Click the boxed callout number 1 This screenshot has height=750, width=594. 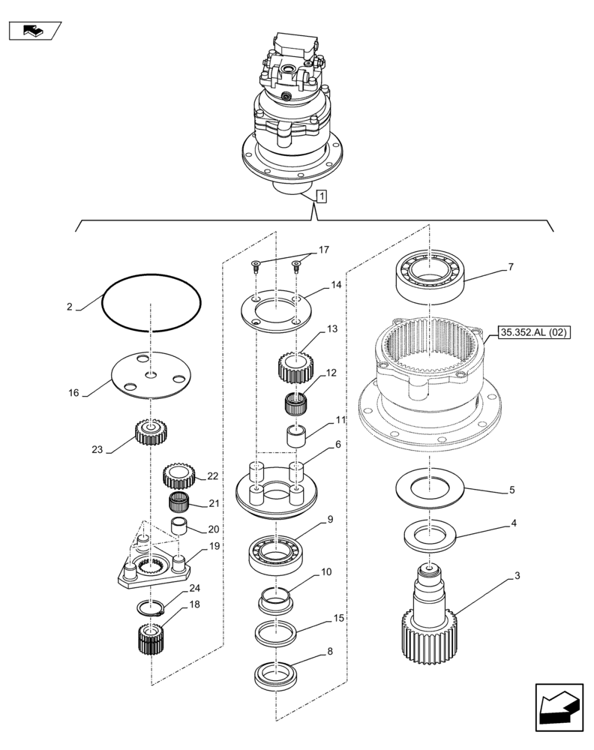pos(321,197)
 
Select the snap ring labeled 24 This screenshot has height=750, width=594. pos(153,609)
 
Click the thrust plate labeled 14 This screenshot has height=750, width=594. pos(275,309)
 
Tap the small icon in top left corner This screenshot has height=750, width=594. pos(34,31)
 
